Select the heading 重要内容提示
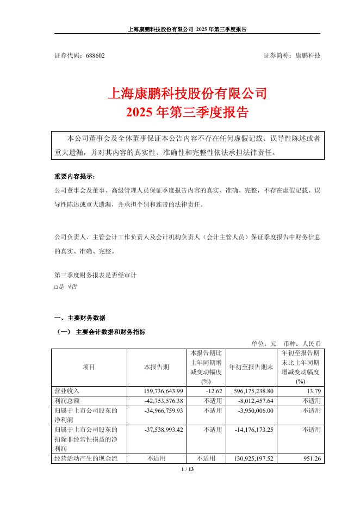(x=74, y=177)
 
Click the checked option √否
(x=72, y=287)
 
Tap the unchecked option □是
(x=59, y=287)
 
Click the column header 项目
(x=88, y=367)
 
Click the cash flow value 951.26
(x=311, y=458)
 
